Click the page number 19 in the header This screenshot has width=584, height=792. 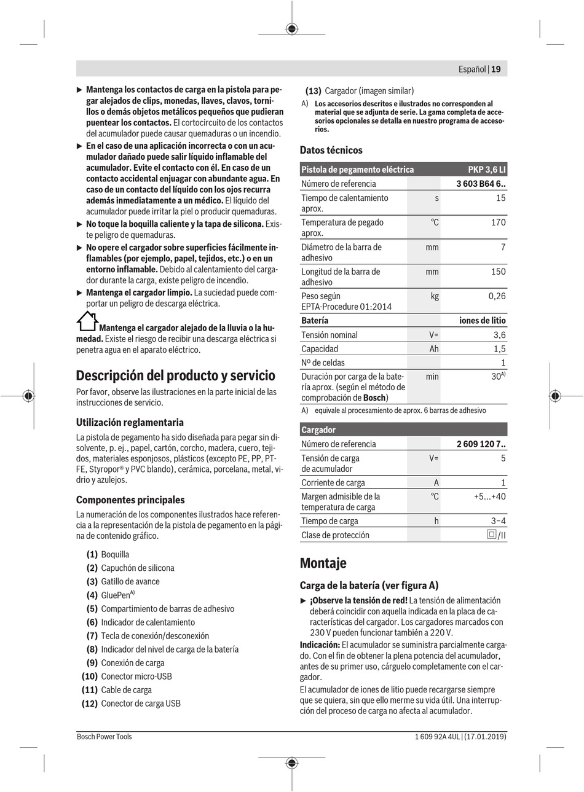pyautogui.click(x=495, y=69)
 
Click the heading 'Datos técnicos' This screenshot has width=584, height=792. pyautogui.click(x=331, y=150)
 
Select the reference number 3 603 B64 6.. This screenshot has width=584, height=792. pyautogui.click(x=481, y=184)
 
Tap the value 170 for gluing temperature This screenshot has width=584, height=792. pyautogui.click(x=498, y=222)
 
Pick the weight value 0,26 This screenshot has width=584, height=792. pyautogui.click(x=497, y=296)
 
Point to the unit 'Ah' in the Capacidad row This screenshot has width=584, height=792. pyautogui.click(x=434, y=349)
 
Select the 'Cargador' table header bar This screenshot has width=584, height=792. pyautogui.click(x=403, y=429)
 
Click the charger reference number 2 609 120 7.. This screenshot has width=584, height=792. pyautogui.click(x=481, y=444)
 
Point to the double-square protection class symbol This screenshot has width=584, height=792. pyautogui.click(x=491, y=535)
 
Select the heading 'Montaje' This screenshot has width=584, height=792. pyautogui.click(x=323, y=563)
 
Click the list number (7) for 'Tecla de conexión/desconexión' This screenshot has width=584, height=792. pyautogui.click(x=92, y=636)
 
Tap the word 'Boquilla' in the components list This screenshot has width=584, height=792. pyautogui.click(x=115, y=555)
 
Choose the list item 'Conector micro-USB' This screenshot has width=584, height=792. pyautogui.click(x=136, y=676)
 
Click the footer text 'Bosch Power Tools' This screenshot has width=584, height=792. pyautogui.click(x=104, y=737)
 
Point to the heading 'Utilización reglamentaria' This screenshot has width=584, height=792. pyautogui.click(x=130, y=423)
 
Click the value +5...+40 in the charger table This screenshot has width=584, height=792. pyautogui.click(x=489, y=496)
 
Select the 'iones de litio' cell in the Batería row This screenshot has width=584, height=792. pyautogui.click(x=483, y=321)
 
